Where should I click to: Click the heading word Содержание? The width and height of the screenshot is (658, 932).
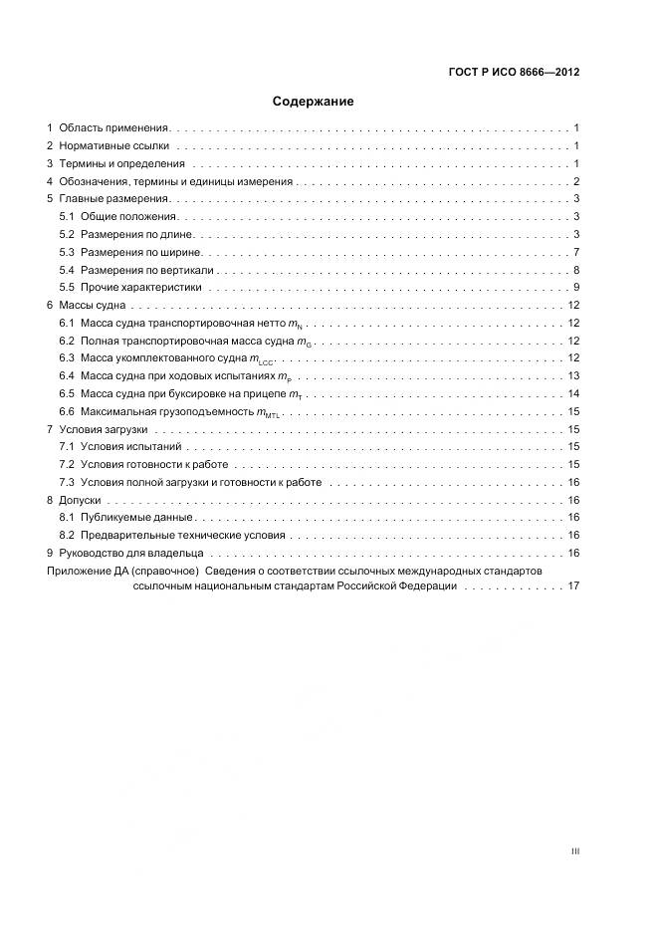[x=313, y=102]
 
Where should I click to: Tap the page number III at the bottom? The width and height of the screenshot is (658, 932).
[x=575, y=851]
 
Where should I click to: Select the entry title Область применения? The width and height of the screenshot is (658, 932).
[x=114, y=128]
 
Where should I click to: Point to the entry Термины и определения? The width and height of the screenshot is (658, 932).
[x=121, y=164]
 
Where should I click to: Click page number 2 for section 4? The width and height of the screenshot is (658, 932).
[x=576, y=182]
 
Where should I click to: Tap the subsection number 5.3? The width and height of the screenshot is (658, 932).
[x=67, y=253]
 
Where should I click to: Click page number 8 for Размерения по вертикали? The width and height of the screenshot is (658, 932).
[x=576, y=271]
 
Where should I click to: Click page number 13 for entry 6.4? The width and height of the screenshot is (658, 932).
[x=573, y=376]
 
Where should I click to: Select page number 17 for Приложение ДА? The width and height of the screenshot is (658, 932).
[x=573, y=587]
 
